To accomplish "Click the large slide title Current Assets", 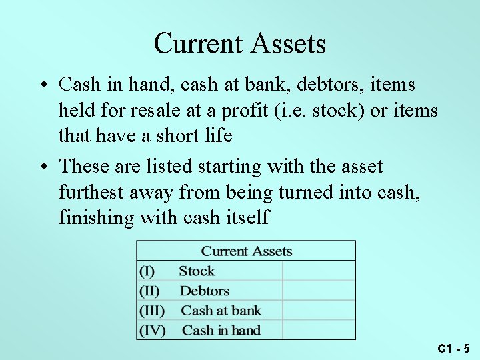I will click(x=239, y=44).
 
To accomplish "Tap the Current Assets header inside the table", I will click(x=247, y=251).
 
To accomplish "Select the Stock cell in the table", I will click(x=197, y=271).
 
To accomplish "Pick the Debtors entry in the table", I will click(x=205, y=291).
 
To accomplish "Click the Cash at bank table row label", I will click(x=221, y=311).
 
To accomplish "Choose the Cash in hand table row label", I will click(x=221, y=330).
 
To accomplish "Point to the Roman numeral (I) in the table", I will click(x=147, y=271).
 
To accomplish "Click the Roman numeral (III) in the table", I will click(x=152, y=311).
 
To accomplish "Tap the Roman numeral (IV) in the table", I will click(x=152, y=330).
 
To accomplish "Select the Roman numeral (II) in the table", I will click(x=150, y=291).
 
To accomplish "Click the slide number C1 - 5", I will click(x=454, y=348).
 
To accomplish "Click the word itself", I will click(x=245, y=217).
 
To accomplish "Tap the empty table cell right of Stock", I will click(x=319, y=271).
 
